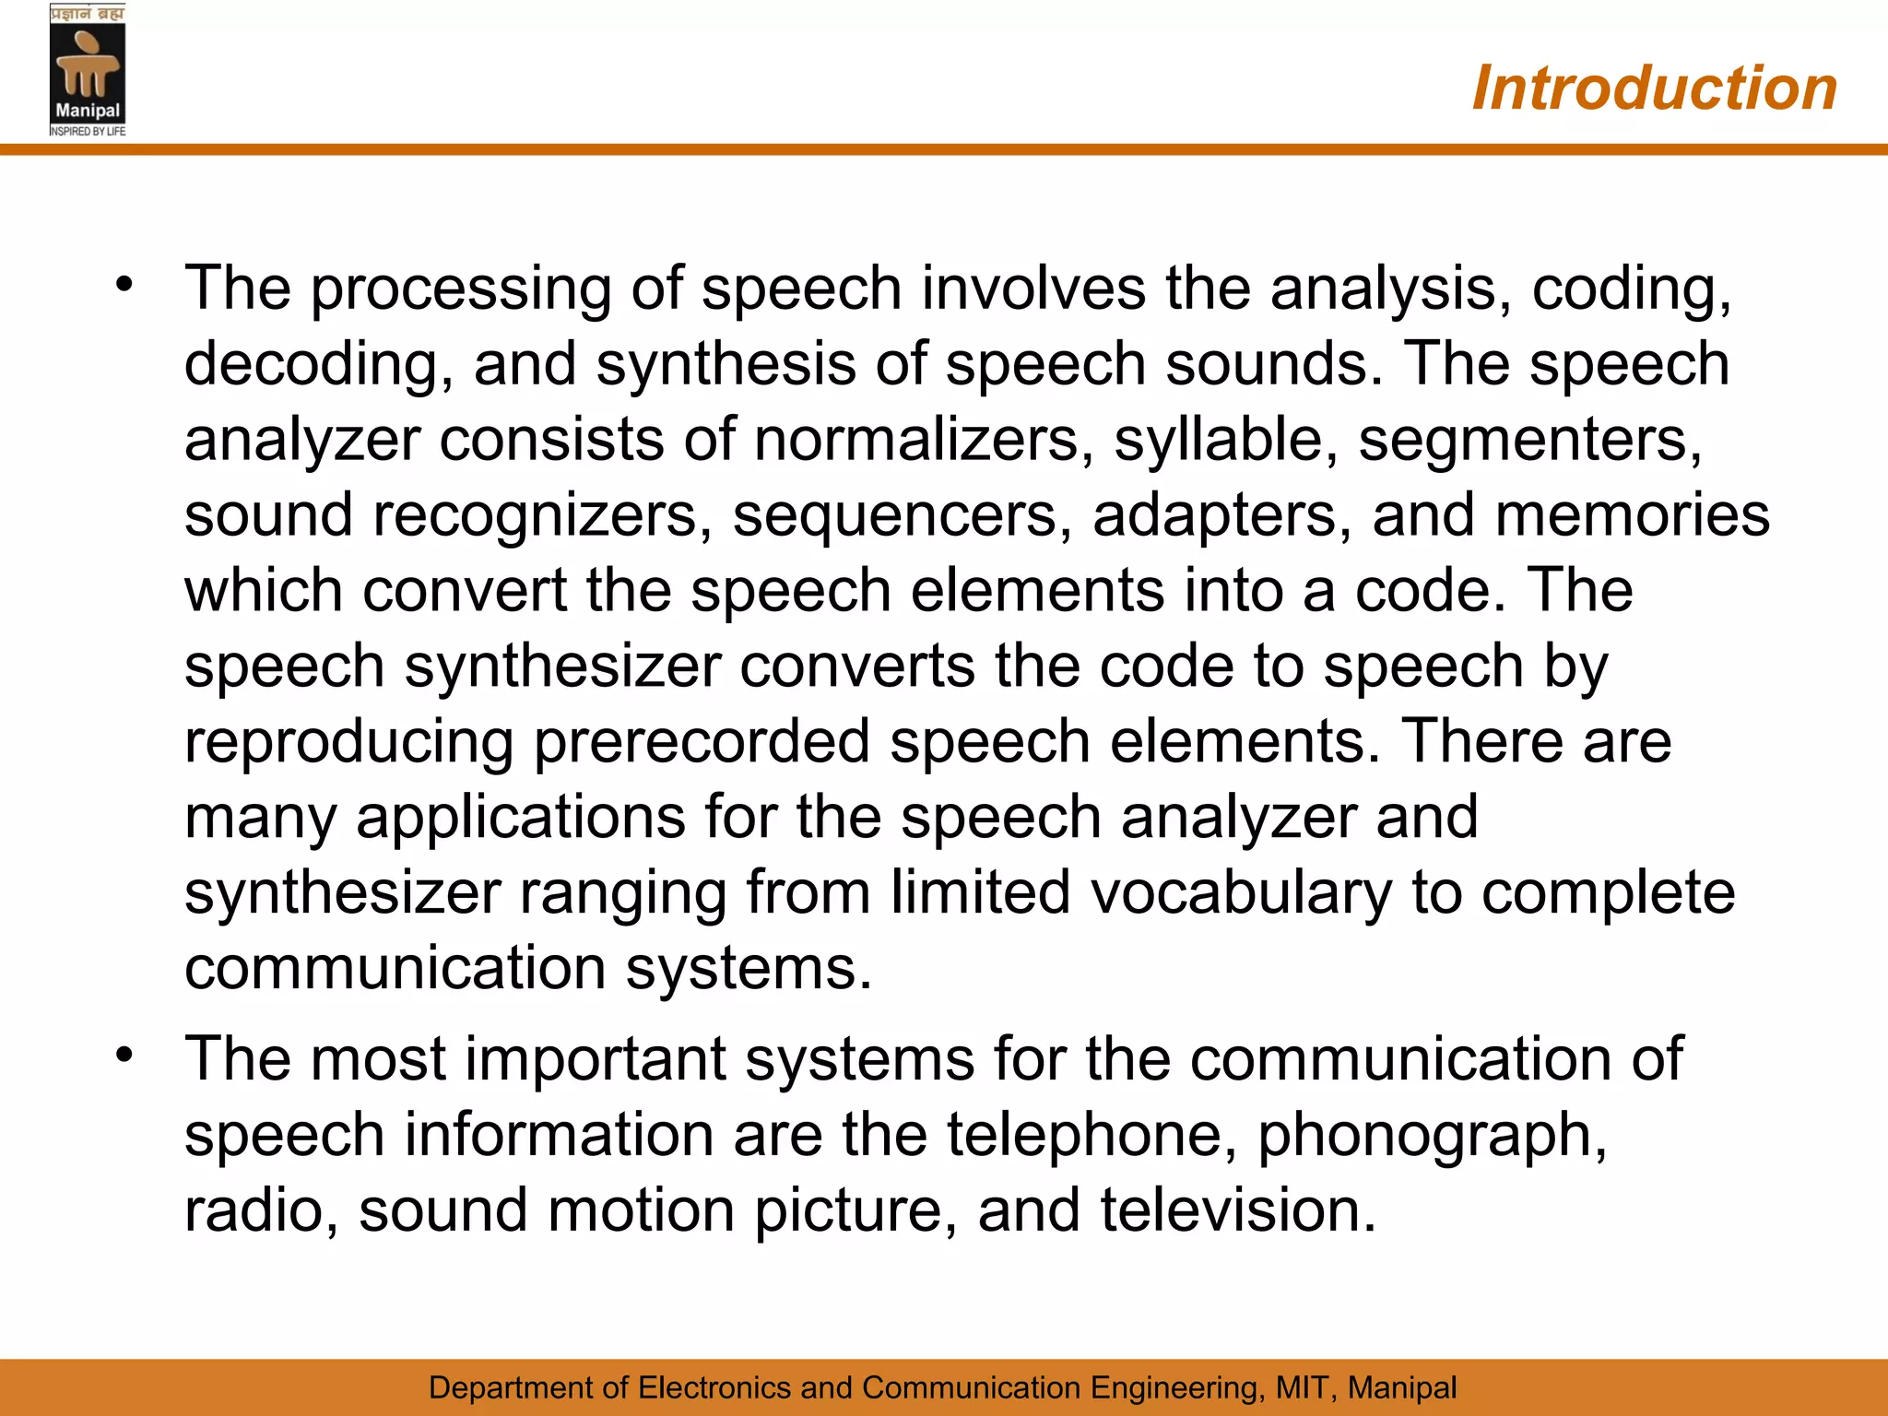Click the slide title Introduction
(x=1654, y=88)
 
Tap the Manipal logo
(x=88, y=71)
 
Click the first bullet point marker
(x=124, y=284)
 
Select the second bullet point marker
(x=124, y=1054)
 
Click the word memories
(x=1632, y=514)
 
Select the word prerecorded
(x=702, y=742)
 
